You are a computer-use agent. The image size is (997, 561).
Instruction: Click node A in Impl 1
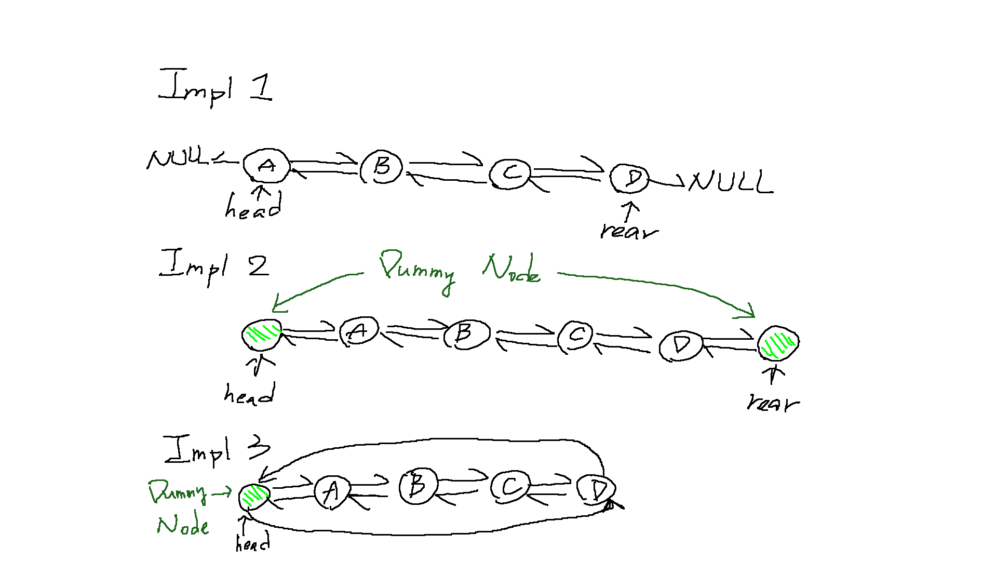point(266,166)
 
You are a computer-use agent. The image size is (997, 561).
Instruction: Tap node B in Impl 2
point(466,333)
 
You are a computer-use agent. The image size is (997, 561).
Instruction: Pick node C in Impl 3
point(510,487)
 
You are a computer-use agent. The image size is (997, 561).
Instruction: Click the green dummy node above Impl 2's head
point(262,335)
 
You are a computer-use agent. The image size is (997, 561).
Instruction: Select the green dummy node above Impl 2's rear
point(778,343)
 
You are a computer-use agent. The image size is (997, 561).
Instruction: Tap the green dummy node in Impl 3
point(254,496)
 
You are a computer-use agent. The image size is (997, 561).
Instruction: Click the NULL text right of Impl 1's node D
point(731,182)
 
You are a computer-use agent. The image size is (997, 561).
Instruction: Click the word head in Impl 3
point(252,543)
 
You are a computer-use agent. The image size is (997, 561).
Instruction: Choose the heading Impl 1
point(215,86)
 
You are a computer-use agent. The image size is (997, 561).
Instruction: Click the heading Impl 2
point(214,266)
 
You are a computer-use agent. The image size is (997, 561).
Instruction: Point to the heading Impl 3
point(217,450)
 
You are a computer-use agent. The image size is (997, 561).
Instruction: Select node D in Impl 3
point(597,490)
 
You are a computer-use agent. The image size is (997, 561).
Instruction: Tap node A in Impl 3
point(332,491)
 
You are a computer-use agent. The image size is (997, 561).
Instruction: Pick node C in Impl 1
point(510,173)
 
